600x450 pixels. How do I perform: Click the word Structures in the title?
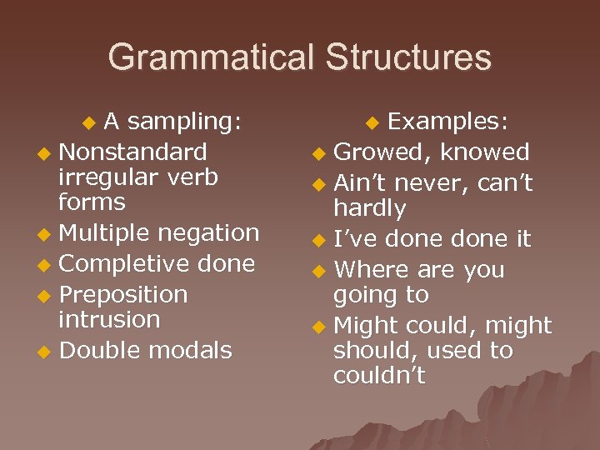pos(408,57)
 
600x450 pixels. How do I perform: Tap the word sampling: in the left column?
pos(184,122)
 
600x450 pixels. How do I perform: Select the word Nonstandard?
pos(133,152)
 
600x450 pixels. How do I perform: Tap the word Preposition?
pos(123,295)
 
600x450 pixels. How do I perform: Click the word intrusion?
pos(108,319)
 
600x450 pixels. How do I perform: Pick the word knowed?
pos(485,152)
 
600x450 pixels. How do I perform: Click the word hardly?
pos(369,208)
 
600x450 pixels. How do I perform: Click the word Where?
pos(372,270)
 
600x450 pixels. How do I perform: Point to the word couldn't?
pos(379,376)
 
